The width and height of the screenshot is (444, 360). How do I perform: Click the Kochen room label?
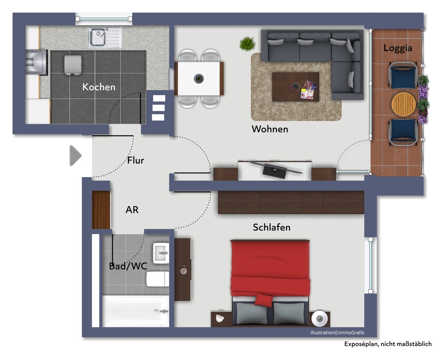99,87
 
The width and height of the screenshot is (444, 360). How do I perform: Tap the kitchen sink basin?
97,37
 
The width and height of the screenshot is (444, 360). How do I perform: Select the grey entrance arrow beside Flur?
75,156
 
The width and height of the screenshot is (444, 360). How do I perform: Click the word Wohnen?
270,129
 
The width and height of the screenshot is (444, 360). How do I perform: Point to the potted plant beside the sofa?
247,43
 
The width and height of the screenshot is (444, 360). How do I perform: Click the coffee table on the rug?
295,87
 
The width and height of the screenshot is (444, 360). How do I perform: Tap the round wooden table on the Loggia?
403,104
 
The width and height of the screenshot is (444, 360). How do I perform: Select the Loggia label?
398,48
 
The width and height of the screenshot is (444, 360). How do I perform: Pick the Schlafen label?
271,227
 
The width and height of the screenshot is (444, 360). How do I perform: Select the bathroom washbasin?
161,253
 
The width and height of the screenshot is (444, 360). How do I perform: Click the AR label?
132,210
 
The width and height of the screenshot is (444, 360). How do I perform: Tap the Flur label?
136,160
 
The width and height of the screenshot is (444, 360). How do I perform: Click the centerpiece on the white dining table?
199,78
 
